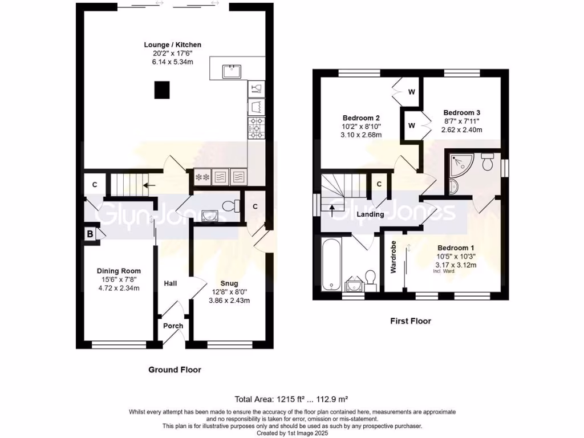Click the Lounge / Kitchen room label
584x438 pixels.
(172, 44)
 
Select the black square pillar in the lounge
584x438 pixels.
(162, 90)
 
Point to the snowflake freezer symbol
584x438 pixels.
(201, 177)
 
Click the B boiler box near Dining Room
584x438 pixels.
(90, 233)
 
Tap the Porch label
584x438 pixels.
(173, 326)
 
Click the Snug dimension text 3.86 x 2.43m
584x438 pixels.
(230, 300)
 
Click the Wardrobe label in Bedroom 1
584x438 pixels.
(393, 257)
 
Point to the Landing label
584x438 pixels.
(369, 214)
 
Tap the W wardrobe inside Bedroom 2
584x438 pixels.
(411, 92)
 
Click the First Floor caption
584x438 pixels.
(411, 321)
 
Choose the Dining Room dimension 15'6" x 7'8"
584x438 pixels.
(119, 279)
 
